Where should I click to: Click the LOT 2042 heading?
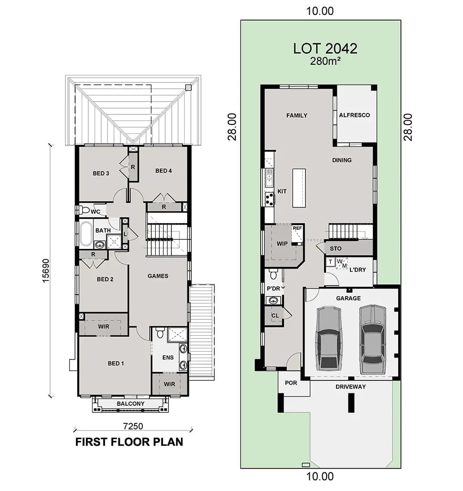[x=325, y=48]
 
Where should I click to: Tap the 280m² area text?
[x=325, y=61]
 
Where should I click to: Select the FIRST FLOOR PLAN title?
[x=129, y=442]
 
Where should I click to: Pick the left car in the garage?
[x=328, y=338]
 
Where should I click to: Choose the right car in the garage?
[x=372, y=339]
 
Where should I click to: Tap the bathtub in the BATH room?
[x=86, y=234]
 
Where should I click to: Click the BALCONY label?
[x=130, y=404]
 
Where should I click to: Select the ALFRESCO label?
[x=354, y=115]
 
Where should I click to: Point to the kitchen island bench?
[x=300, y=188]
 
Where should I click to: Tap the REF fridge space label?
[x=297, y=228]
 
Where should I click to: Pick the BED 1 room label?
[x=116, y=363]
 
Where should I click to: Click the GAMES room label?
[x=158, y=276]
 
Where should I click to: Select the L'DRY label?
[x=358, y=270]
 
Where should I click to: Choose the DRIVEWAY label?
[x=350, y=387]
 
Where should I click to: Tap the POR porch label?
[x=291, y=383]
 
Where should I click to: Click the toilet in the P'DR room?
[x=274, y=274]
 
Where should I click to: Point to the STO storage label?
[x=336, y=248]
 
